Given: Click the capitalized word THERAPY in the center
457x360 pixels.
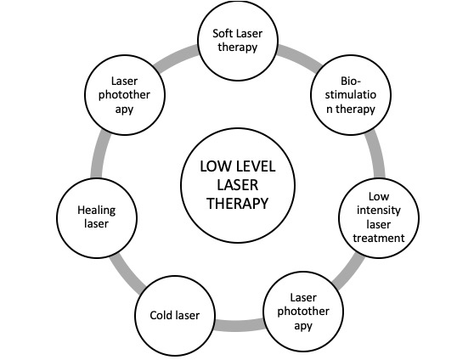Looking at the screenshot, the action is click(238, 203).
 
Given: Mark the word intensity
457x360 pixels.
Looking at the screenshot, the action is click(379, 210).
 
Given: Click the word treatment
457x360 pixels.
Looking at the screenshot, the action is click(379, 239).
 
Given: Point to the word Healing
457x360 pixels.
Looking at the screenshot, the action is click(97, 211).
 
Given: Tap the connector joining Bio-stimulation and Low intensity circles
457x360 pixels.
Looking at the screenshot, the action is click(376, 154).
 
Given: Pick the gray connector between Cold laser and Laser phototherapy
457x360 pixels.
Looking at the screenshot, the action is click(239, 325).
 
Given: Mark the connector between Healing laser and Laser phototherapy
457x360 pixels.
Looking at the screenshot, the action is click(99, 154).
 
